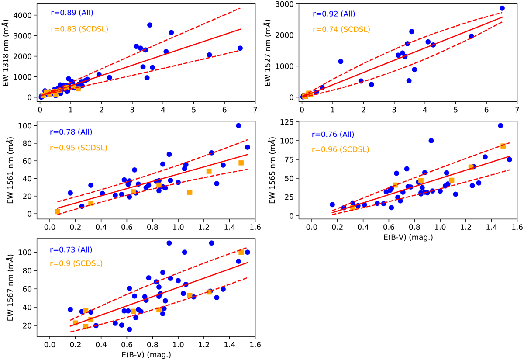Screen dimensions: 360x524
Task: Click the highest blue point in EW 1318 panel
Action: point(150,25)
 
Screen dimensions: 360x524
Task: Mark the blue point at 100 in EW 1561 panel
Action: point(238,125)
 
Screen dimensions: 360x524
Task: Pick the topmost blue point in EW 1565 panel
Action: point(500,125)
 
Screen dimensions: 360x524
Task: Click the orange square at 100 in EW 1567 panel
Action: point(241,252)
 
